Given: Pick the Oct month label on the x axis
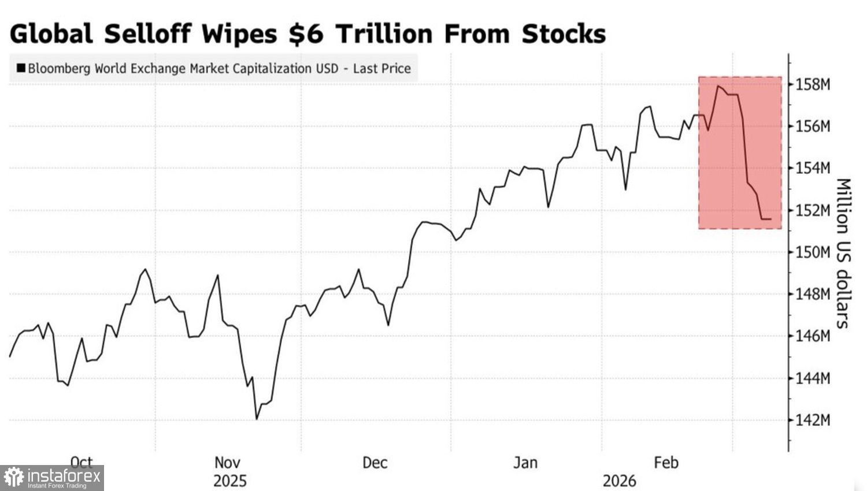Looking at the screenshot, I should [81, 463].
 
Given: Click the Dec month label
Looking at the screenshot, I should [375, 463].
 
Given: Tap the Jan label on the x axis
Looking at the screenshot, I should [525, 463].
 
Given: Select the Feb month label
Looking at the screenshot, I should [666, 463].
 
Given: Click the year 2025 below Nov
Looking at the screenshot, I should [229, 481].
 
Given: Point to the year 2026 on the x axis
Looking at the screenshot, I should [619, 481].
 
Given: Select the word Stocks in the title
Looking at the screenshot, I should [564, 34].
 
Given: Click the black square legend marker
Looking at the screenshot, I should [21, 68].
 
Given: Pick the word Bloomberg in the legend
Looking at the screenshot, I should [60, 69].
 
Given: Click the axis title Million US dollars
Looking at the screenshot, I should [843, 253].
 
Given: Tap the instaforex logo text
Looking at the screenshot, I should [64, 477].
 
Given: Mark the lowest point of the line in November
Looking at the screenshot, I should [257, 419].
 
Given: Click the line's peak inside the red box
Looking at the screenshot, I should [718, 86].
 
